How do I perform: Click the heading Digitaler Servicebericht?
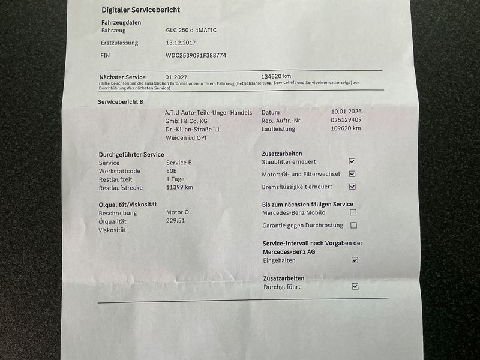pos(140,10)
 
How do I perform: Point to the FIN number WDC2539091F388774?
pos(196,55)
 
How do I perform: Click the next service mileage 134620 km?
pos(276,77)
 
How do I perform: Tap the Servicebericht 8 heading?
pos(121,102)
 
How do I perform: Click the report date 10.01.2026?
pos(346,112)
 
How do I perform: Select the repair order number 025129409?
pos(346,120)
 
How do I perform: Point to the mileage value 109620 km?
pos(346,128)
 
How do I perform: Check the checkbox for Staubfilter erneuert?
pos(352,161)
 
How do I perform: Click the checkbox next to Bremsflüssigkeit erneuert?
pos(352,187)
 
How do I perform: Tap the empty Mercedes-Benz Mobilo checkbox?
pos(353,212)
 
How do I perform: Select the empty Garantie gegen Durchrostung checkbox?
pos(353,225)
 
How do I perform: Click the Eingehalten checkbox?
pos(354,260)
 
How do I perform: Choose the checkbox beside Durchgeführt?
pos(355,287)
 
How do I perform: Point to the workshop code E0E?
pos(172,171)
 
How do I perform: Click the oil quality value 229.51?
pos(175,221)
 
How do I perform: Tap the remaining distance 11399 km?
pos(179,187)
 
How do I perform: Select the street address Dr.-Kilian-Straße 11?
pos(193,129)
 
